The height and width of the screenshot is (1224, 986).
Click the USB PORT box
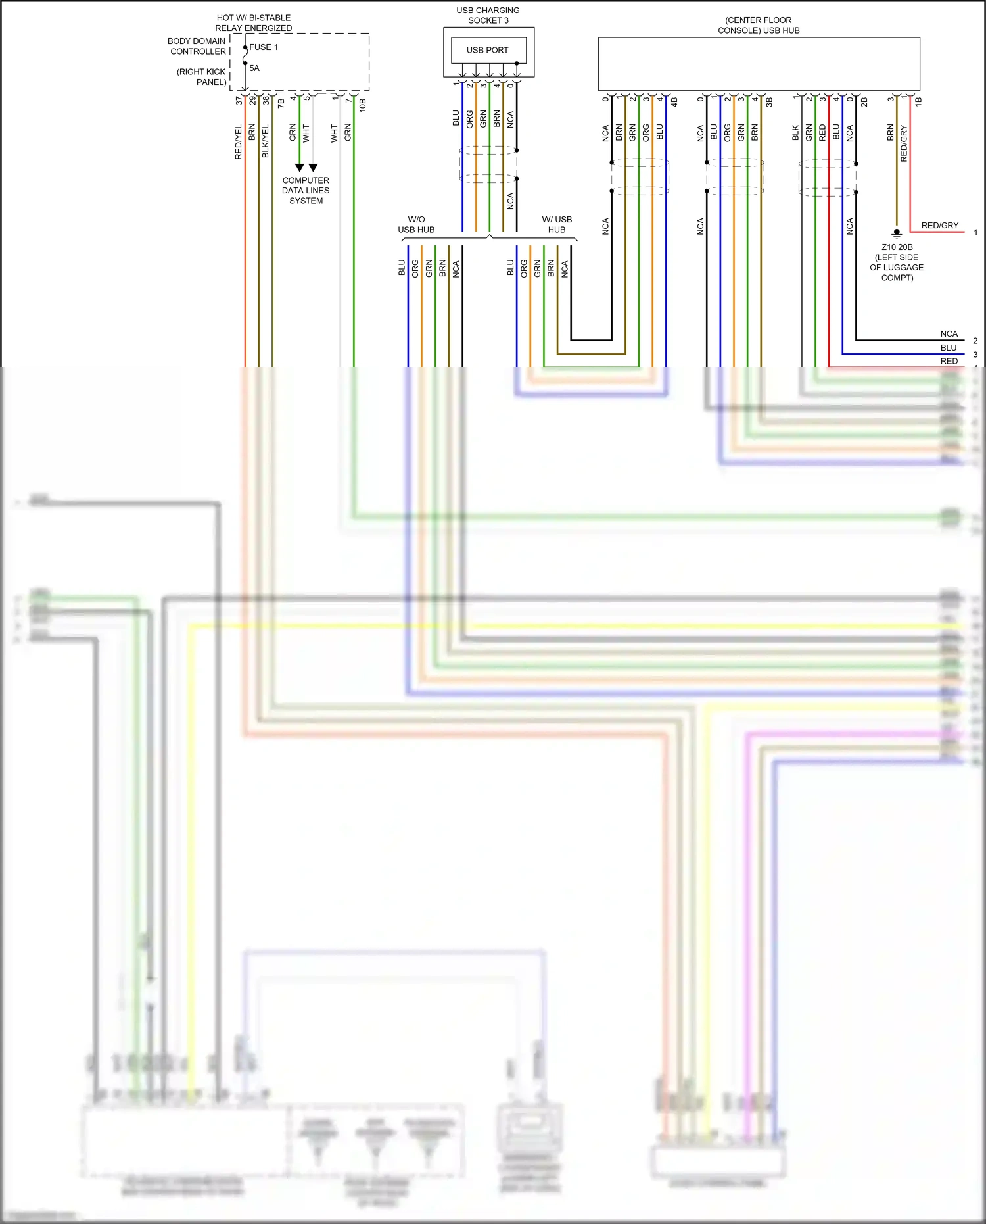point(488,50)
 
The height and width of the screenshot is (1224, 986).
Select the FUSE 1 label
point(264,47)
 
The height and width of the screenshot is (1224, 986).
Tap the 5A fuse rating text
point(254,68)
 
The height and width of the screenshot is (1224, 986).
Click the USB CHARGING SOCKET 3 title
point(488,15)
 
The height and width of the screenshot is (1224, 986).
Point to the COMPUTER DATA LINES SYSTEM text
point(306,190)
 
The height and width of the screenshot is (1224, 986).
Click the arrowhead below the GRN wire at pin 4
point(300,168)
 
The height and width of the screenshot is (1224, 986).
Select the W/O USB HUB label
point(416,224)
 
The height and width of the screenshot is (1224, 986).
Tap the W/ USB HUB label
point(556,224)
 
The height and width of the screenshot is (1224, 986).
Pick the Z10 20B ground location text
point(897,262)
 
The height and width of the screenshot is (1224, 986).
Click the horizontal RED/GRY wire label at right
point(939,225)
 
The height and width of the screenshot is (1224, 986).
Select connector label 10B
point(363,105)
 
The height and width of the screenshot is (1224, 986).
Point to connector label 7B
point(281,103)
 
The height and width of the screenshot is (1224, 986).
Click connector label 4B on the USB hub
point(674,103)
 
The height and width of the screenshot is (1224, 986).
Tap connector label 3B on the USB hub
point(769,103)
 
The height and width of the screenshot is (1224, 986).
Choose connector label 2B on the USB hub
point(864,103)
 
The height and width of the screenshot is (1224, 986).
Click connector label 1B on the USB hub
point(919,102)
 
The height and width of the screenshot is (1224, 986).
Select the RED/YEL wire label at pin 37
point(239,141)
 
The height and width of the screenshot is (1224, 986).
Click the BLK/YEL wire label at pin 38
point(266,141)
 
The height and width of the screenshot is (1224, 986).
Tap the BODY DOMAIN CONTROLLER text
point(197,46)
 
